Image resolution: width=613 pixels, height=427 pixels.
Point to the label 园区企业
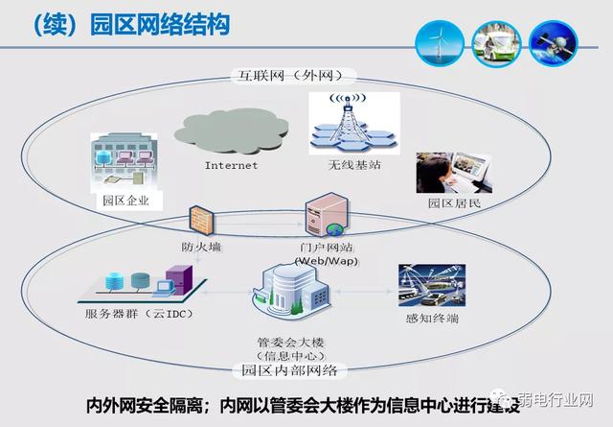click(x=125, y=202)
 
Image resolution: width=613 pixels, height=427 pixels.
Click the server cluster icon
click(x=140, y=283)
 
